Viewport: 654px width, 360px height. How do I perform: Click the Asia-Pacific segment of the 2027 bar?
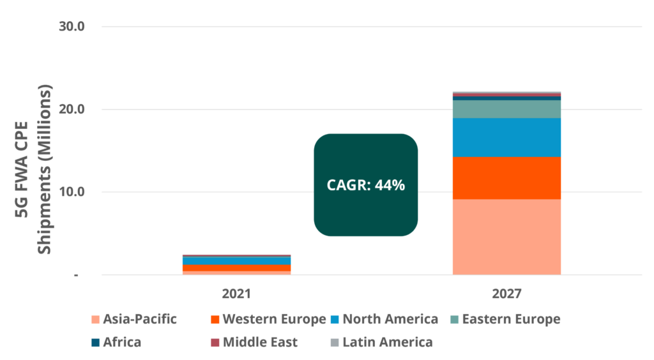[x=506, y=236]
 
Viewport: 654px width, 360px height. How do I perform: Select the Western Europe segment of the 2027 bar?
[x=506, y=178]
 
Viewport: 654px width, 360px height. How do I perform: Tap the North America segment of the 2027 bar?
[x=506, y=137]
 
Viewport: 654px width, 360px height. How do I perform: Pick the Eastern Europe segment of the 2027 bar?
[x=506, y=109]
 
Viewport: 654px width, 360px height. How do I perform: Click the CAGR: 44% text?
[x=366, y=185]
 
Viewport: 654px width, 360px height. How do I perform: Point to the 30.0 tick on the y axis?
[x=72, y=27]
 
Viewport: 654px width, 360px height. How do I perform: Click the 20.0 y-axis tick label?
[x=72, y=109]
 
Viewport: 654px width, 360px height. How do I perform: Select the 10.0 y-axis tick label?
[x=72, y=192]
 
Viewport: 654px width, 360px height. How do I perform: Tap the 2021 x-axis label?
[x=236, y=294]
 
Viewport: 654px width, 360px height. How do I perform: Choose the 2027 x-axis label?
[x=506, y=294]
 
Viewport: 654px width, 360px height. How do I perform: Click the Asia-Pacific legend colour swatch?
[x=95, y=319]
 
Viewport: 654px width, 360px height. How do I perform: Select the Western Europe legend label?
[x=274, y=319]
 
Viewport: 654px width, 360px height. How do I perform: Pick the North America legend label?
[x=390, y=319]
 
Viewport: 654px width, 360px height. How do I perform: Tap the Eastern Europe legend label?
[x=511, y=319]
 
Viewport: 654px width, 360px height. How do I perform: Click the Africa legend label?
[x=121, y=342]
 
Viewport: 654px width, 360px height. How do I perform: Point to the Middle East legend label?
[x=260, y=342]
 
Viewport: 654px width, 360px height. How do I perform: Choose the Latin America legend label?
[x=388, y=342]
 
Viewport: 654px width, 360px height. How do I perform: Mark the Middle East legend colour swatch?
[x=215, y=342]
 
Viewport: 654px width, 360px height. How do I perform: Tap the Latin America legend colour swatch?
[x=335, y=342]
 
